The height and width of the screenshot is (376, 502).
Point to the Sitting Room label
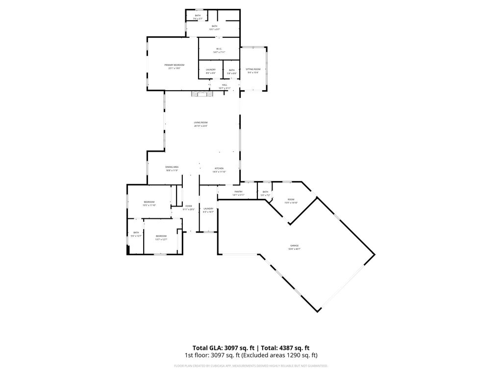(x=253, y=70)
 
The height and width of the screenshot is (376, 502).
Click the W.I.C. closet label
(x=219, y=49)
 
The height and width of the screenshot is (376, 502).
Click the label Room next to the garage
(x=291, y=200)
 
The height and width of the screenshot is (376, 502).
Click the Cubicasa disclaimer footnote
(x=251, y=366)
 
